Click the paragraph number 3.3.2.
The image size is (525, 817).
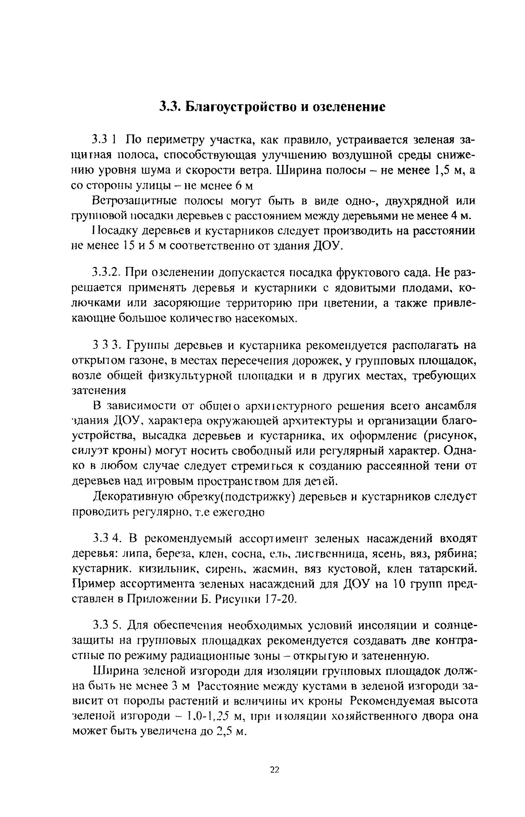[x=107, y=273]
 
